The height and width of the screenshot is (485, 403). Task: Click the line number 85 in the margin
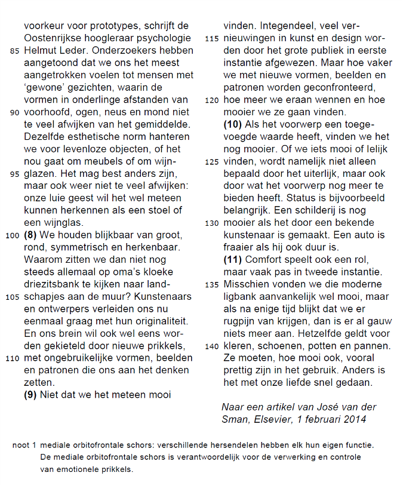pyautogui.click(x=16, y=51)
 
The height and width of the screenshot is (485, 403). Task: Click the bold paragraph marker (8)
pyautogui.click(x=32, y=235)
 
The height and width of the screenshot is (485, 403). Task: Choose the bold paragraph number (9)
pyautogui.click(x=32, y=394)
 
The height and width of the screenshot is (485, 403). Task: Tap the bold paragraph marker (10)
pyautogui.click(x=233, y=124)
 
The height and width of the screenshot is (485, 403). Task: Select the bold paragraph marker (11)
pyautogui.click(x=233, y=259)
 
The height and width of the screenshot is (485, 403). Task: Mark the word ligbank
pyautogui.click(x=243, y=297)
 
